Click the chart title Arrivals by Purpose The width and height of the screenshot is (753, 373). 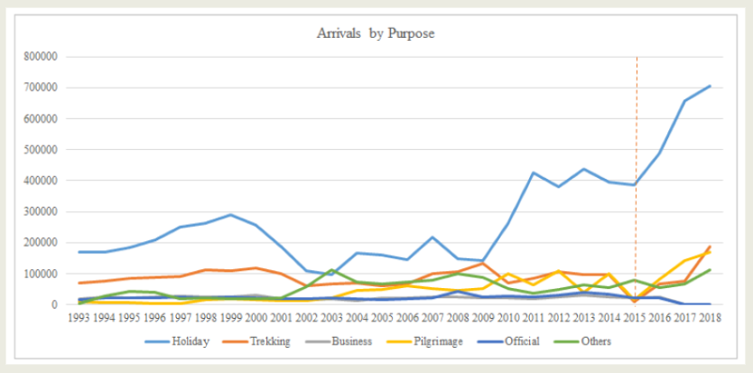376,34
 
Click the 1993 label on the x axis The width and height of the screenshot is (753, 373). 79,316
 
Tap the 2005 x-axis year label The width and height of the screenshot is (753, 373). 382,316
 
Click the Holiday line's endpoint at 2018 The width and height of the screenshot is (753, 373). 711,86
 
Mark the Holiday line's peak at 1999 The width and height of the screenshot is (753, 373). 231,215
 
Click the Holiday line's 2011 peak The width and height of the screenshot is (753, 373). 534,173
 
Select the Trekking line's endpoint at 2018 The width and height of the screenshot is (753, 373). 711,247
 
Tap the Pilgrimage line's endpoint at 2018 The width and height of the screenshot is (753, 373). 711,251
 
